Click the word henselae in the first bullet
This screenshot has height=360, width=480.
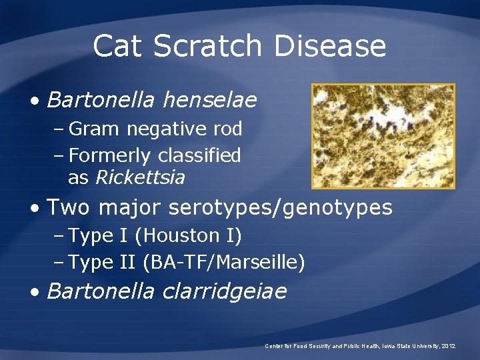click(x=209, y=101)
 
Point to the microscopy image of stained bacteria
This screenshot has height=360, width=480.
click(x=383, y=136)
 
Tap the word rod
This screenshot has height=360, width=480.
click(x=226, y=129)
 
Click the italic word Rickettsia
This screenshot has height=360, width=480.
click(x=141, y=178)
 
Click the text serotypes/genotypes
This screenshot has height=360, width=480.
click(x=281, y=208)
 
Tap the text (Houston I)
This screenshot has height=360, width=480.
click(x=192, y=236)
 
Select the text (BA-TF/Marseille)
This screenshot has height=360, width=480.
click(x=224, y=263)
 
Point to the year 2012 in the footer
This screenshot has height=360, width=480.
click(x=449, y=346)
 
